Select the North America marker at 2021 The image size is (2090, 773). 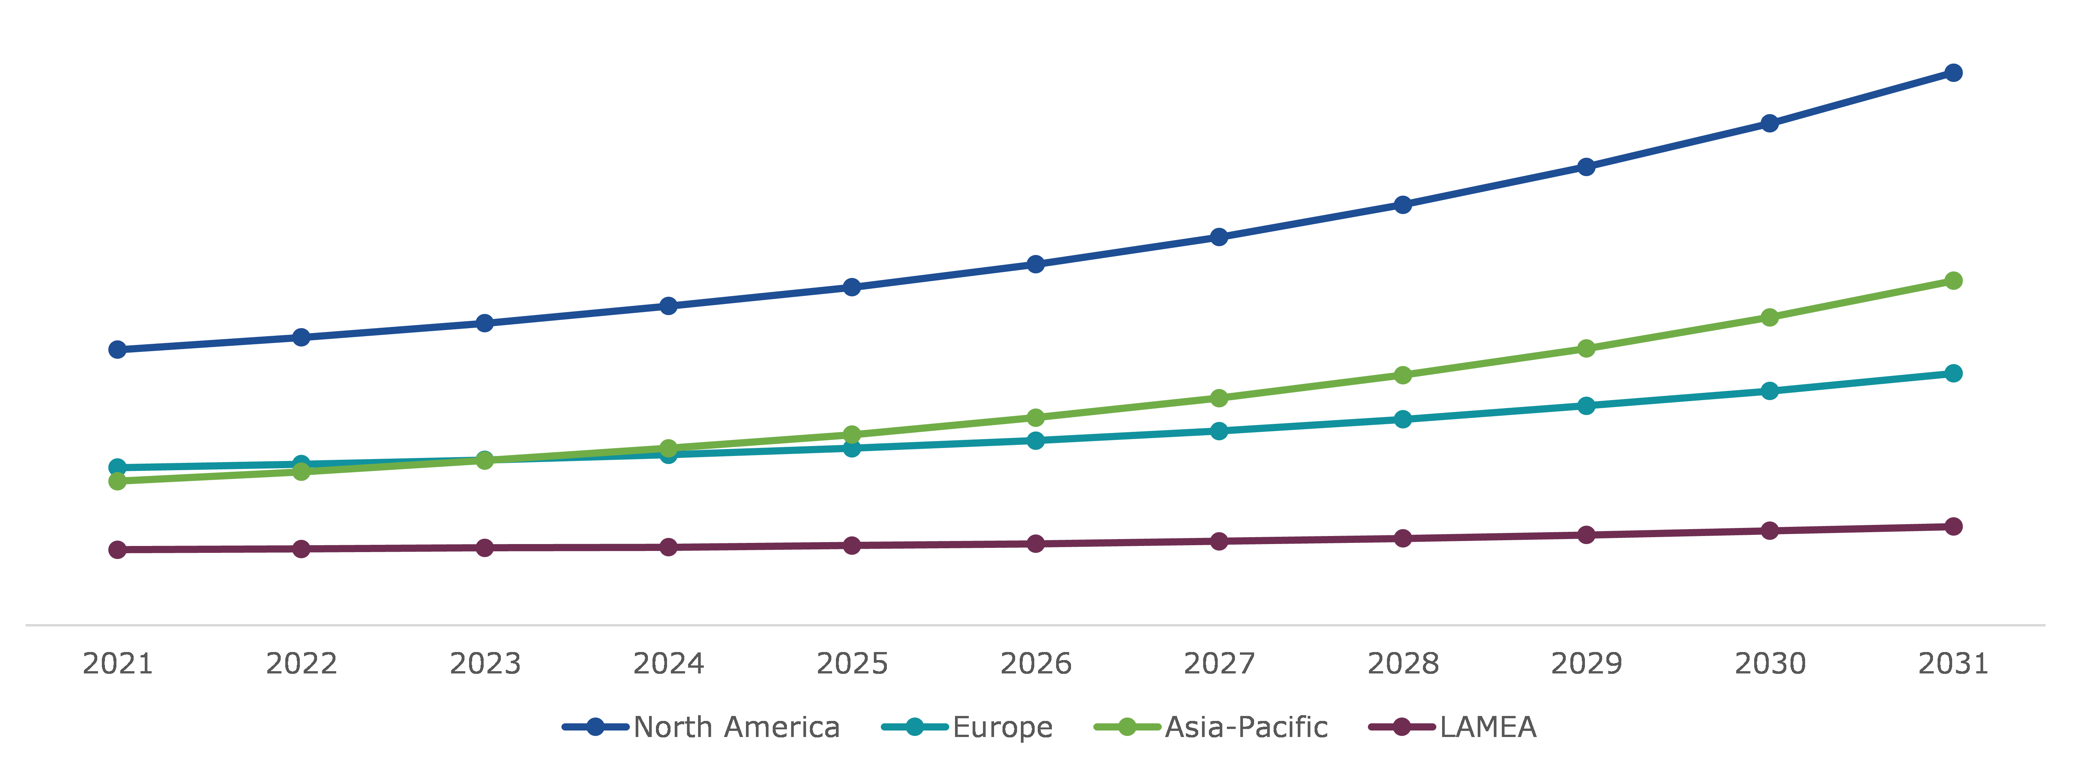coord(118,350)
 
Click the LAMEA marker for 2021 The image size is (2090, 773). coord(118,550)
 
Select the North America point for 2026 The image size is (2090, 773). coord(1035,265)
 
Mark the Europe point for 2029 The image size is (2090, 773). coord(1586,405)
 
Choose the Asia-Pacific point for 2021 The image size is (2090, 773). coord(118,481)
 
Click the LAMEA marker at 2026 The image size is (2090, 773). coord(1035,543)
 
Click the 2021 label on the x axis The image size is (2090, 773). coord(118,664)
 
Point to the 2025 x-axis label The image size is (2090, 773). coord(852,664)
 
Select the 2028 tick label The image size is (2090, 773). coord(1403,664)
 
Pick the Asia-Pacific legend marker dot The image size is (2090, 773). coord(1127,727)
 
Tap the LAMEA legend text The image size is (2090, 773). coord(1488,727)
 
